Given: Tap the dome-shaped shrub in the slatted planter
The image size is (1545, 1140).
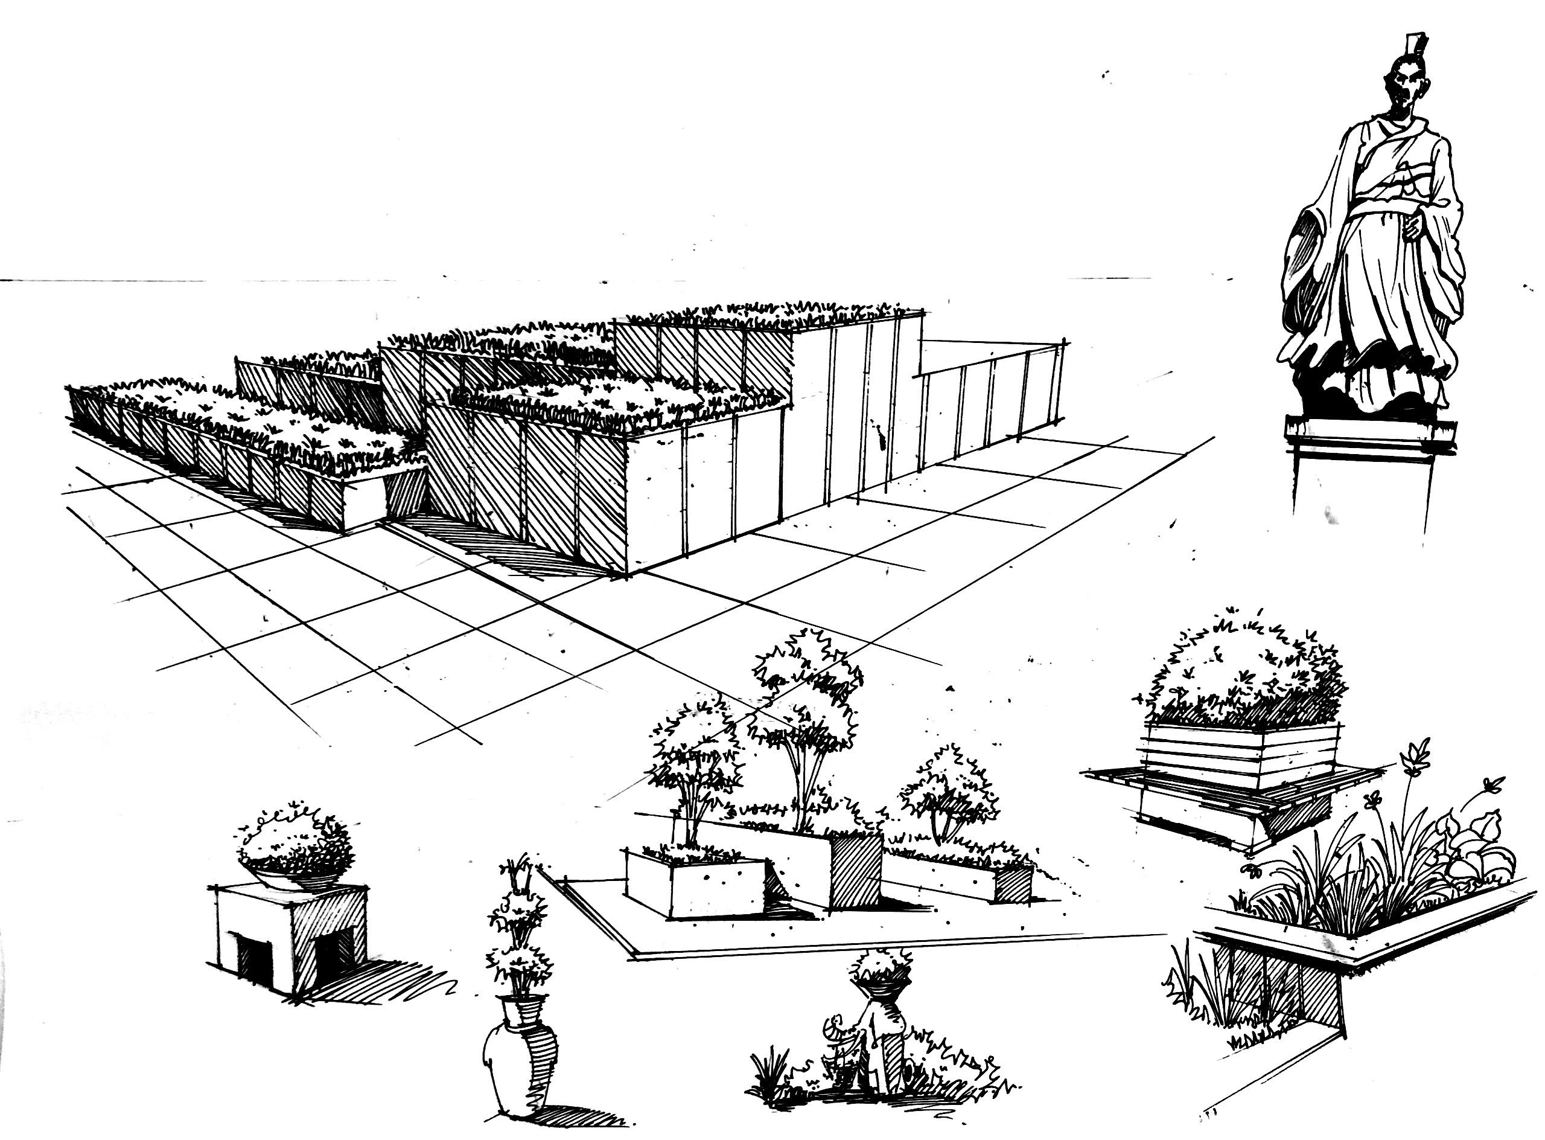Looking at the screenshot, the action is click(x=1241, y=676).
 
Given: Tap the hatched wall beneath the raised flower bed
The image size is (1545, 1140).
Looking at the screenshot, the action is click(x=1276, y=987).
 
